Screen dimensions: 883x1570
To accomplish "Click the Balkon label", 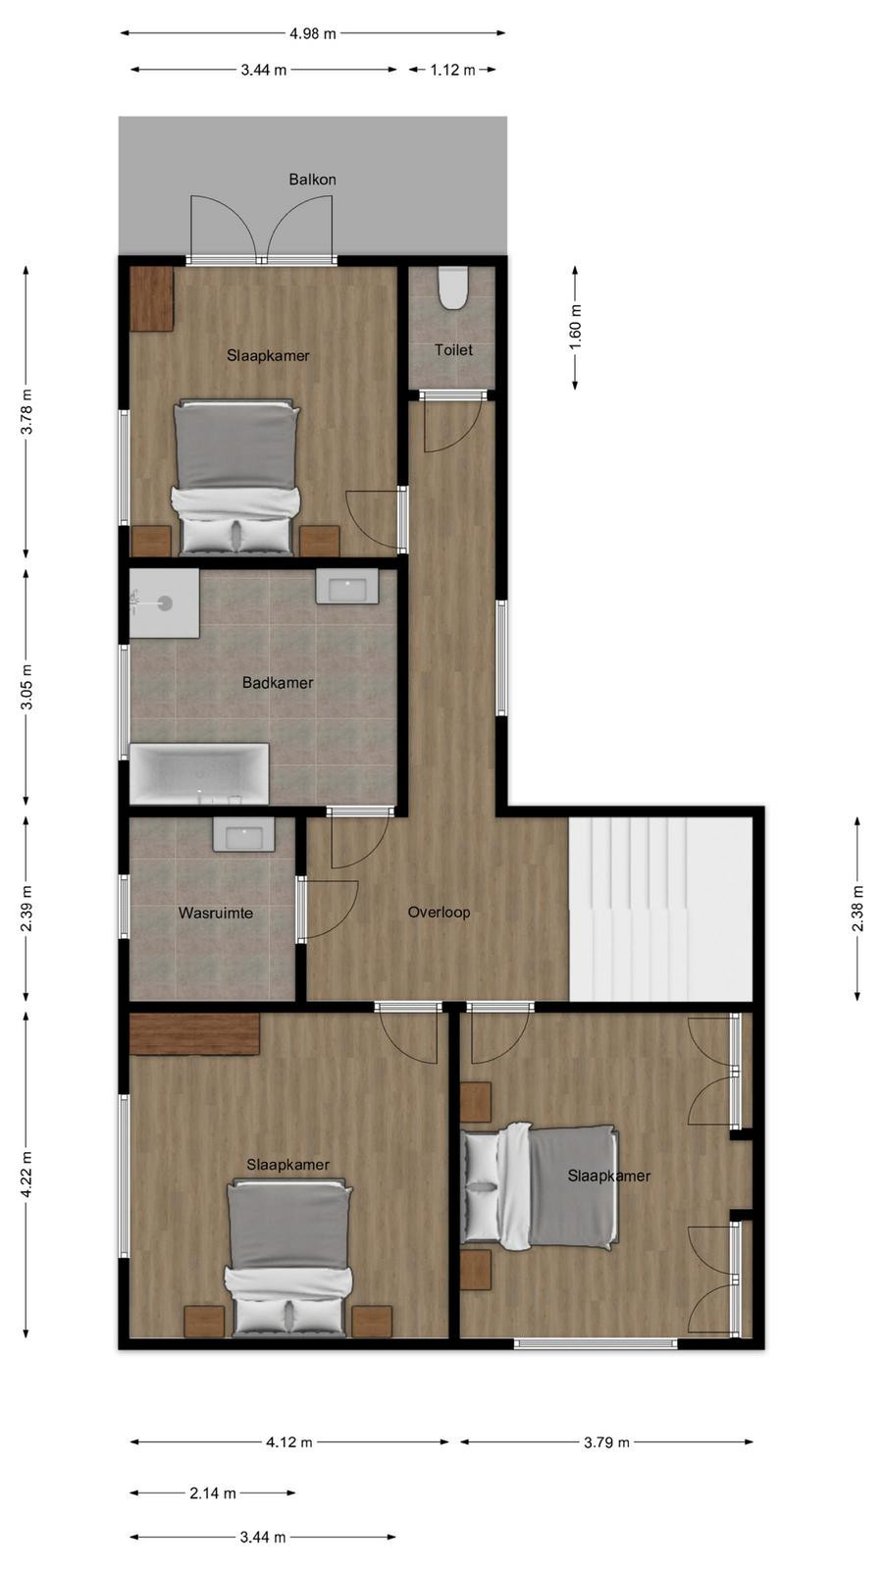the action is point(313,180).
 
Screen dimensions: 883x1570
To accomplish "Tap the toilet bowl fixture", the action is point(452,288).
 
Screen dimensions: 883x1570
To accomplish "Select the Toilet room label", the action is point(453,349).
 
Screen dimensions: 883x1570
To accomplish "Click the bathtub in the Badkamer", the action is point(200,774).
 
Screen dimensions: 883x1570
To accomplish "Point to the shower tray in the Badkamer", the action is point(165,602).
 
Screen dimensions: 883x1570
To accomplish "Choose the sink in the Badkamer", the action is point(347,586).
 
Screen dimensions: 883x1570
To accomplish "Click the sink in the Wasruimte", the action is point(244,834).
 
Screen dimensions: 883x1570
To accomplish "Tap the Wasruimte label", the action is point(216,914).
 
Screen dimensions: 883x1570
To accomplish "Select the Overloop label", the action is point(439,912).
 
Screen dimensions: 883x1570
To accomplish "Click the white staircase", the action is point(660,910).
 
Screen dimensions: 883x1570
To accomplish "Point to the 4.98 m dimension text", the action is point(313,33).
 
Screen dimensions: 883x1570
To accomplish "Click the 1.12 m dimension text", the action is point(452,70).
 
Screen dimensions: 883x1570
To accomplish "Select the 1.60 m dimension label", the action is point(575,328).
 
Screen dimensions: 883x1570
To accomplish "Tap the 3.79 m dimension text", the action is point(607,1442).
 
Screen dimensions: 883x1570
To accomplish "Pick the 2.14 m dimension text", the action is point(212,1492).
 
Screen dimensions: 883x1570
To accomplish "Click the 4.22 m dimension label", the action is point(26,1175).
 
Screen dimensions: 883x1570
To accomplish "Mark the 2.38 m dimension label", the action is point(857,909).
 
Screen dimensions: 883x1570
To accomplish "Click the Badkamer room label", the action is point(278,683).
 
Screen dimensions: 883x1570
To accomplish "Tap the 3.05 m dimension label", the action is point(26,686).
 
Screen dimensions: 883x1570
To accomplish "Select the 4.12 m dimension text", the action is point(288,1442).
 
